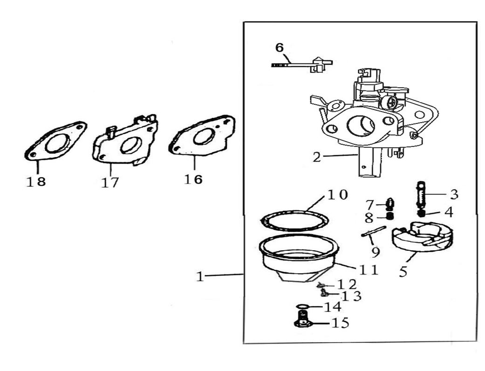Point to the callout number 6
279,48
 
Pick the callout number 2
317,157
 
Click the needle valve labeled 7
390,203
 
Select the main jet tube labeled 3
420,196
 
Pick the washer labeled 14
302,307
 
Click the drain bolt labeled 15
303,321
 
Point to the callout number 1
200,276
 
